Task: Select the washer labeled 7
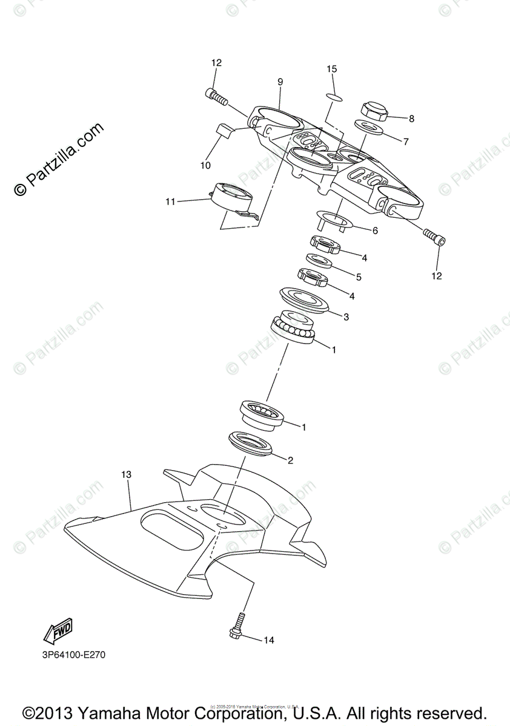pos(368,128)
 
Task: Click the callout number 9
pos(280,82)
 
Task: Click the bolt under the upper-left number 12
pos(216,95)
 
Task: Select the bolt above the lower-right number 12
pos(434,237)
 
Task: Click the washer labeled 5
pos(319,261)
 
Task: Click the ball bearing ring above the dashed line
pos(293,327)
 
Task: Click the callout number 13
pos(126,475)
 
